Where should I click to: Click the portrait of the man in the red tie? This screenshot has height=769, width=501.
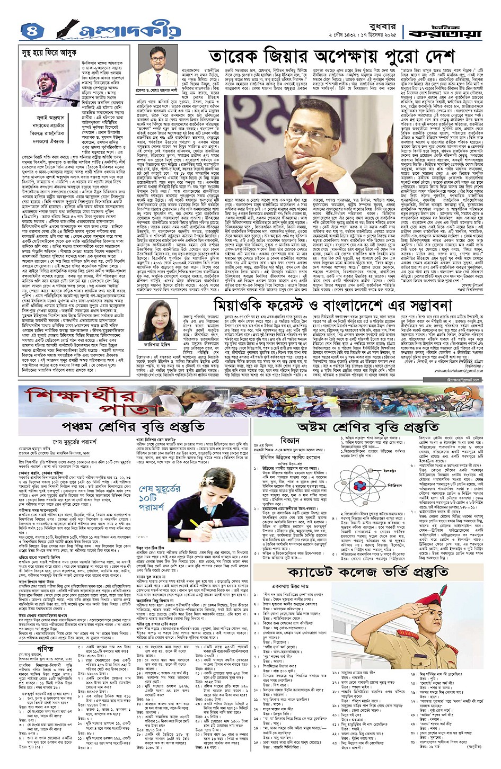pos(157,68)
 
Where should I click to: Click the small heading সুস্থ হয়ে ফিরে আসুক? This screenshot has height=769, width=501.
pos(46,53)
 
